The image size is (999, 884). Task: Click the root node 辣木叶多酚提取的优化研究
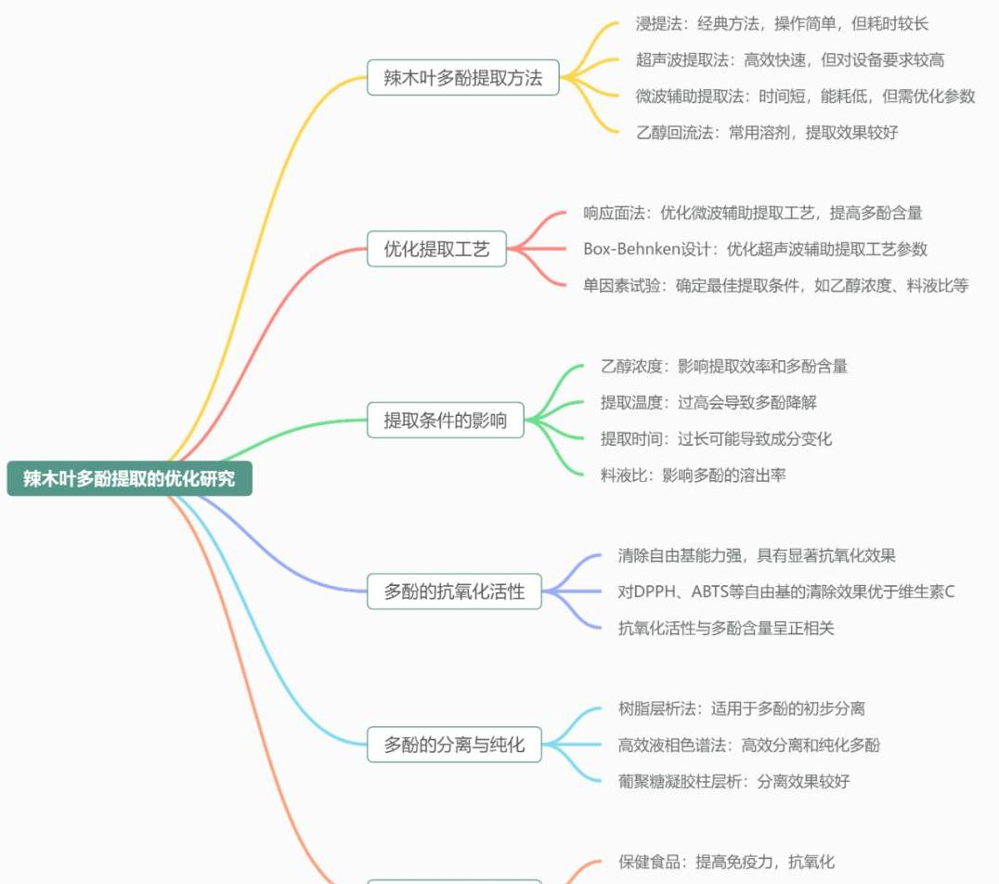129,479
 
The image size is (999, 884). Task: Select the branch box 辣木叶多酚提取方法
462,78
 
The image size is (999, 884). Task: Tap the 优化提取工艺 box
436,249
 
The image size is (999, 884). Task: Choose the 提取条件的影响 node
446,420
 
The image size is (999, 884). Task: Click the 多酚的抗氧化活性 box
454,591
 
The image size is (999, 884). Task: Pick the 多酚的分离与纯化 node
454,745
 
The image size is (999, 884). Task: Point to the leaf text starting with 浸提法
782,24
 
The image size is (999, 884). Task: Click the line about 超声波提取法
790,60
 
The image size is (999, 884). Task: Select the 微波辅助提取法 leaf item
805,96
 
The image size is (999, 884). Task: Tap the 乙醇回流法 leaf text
766,132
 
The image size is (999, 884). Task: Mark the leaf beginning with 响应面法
752,213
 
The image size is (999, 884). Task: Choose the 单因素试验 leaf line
775,285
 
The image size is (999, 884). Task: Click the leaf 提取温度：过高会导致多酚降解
708,402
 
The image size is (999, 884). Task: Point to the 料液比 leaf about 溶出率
693,474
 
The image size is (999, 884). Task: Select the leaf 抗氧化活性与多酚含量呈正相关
726,628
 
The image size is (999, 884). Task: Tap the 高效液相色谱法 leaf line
748,745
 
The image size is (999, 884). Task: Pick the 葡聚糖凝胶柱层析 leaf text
733,781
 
